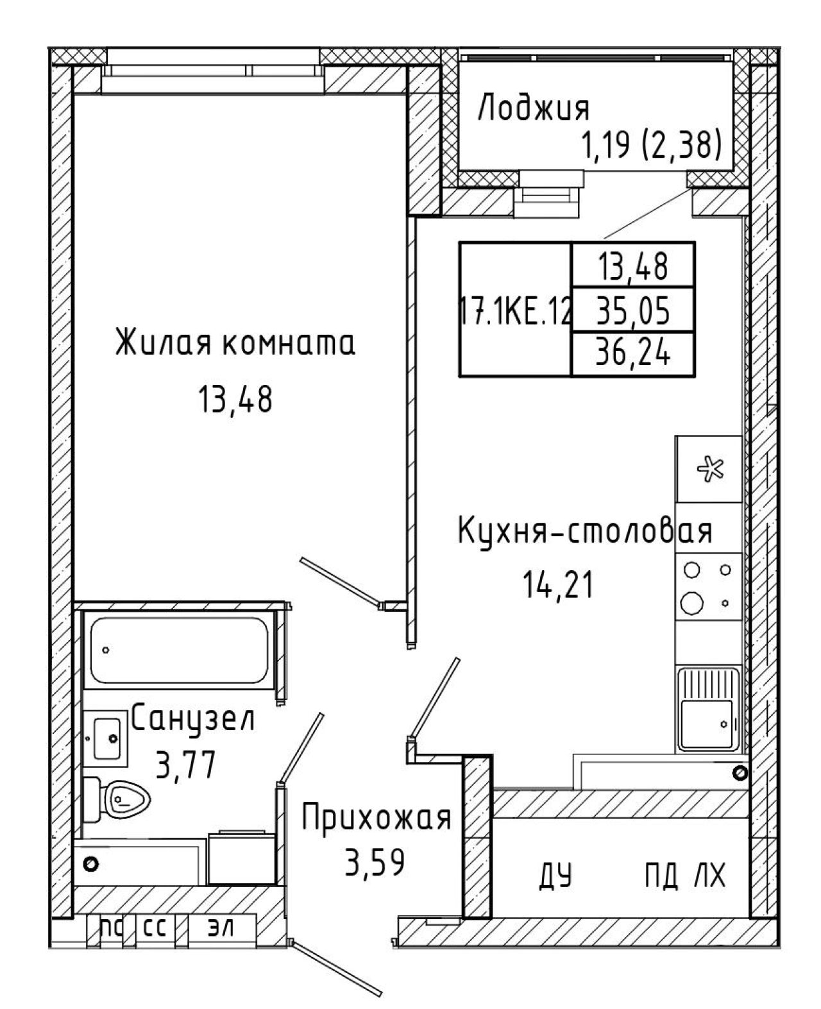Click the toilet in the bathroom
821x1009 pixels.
116,800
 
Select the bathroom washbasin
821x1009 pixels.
106,738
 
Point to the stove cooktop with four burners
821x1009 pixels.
708,586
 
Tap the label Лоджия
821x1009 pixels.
534,108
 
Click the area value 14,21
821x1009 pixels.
557,584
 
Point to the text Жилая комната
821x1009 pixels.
235,343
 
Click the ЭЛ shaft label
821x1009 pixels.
221,942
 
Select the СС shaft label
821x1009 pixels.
155,942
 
